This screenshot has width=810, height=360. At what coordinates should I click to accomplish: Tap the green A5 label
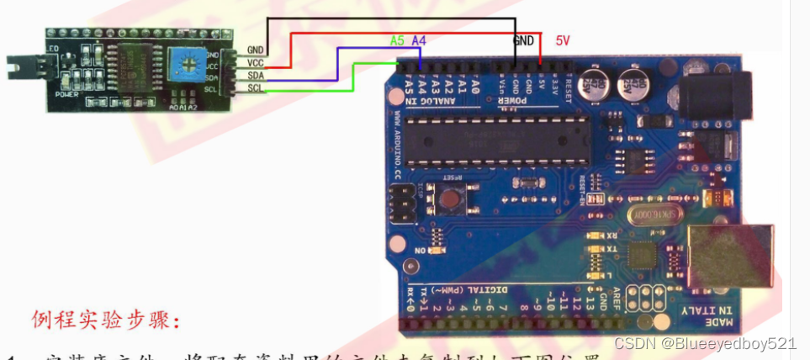pos(398,40)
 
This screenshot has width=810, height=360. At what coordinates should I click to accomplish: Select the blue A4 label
pos(419,40)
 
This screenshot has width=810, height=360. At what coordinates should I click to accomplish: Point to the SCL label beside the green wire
pos(256,89)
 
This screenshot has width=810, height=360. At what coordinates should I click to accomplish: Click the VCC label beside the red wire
pos(256,63)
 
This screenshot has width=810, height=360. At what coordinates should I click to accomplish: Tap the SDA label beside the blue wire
pos(256,76)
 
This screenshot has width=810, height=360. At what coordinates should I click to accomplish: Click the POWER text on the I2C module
pos(66,94)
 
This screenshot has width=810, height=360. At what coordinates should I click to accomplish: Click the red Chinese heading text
pos(106,320)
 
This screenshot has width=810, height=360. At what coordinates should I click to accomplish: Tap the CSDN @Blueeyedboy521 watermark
pos(705,343)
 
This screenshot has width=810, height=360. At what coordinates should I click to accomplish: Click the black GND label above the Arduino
pos(524,40)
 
